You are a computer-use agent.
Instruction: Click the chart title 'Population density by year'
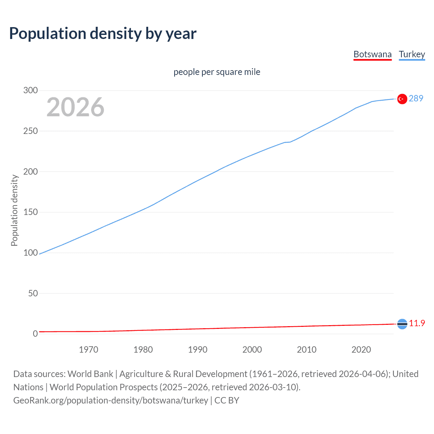click(103, 34)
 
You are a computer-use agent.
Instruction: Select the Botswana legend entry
click(372, 54)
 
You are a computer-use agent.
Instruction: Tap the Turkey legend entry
click(412, 54)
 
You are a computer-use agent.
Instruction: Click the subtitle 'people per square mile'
click(217, 72)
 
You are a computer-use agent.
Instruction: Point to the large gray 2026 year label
click(75, 107)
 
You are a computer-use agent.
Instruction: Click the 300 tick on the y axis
click(30, 90)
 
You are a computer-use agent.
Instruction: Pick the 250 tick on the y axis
click(30, 131)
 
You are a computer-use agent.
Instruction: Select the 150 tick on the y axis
click(30, 212)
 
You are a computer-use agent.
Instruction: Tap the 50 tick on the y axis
click(33, 293)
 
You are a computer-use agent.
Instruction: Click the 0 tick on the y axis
click(35, 334)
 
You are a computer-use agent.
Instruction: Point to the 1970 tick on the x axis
click(88, 350)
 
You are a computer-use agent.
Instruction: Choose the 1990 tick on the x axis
click(198, 350)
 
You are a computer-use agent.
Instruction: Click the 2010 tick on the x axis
click(307, 350)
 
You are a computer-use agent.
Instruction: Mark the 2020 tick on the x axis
click(361, 350)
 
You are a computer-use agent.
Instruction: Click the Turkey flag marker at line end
click(402, 99)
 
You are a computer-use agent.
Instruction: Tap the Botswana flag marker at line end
click(402, 324)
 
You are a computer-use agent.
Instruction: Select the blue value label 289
click(416, 98)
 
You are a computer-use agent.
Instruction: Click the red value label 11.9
click(417, 323)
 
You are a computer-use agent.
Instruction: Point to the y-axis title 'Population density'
click(14, 210)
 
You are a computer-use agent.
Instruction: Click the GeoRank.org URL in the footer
click(111, 400)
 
